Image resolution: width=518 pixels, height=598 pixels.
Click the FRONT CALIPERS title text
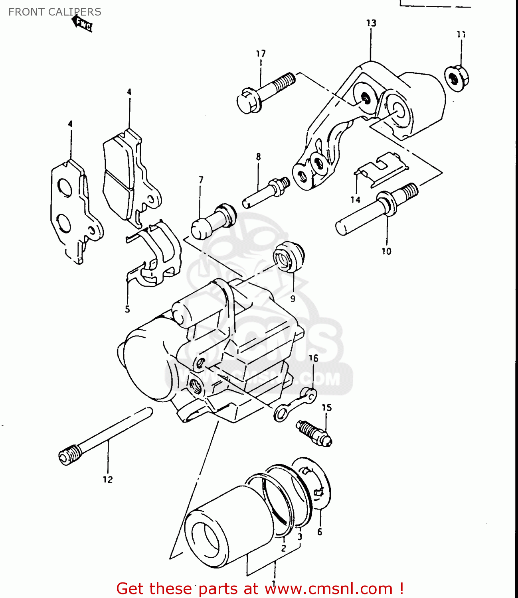(x=55, y=12)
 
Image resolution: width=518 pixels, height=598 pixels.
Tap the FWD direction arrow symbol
(x=82, y=24)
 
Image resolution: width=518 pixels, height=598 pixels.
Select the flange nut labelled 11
(x=457, y=78)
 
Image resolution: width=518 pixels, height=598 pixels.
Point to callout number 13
(x=371, y=23)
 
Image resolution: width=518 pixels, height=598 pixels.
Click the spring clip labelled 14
(x=381, y=169)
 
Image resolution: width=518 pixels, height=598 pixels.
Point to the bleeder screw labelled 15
(x=314, y=433)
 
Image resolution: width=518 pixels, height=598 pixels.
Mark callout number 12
(x=108, y=480)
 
